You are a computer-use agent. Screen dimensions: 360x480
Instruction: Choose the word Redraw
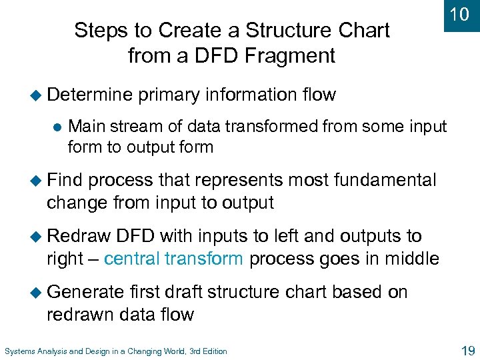pyautogui.click(x=78, y=237)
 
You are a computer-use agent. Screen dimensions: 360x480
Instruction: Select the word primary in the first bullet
pyautogui.click(x=169, y=95)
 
